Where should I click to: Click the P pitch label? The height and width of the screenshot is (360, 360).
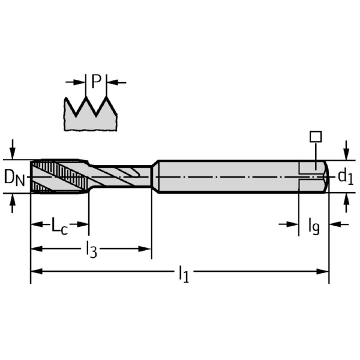point(97,81)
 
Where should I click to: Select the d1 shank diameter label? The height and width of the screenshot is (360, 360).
point(346,176)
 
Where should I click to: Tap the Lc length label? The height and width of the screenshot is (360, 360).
point(59,226)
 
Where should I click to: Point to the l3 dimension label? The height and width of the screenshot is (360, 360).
point(91,249)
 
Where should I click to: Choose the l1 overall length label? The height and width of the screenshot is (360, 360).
point(184,274)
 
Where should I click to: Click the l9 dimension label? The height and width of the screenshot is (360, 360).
point(314,226)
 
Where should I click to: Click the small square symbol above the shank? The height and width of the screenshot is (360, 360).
point(316,137)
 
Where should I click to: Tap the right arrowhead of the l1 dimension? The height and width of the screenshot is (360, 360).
point(323,271)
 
